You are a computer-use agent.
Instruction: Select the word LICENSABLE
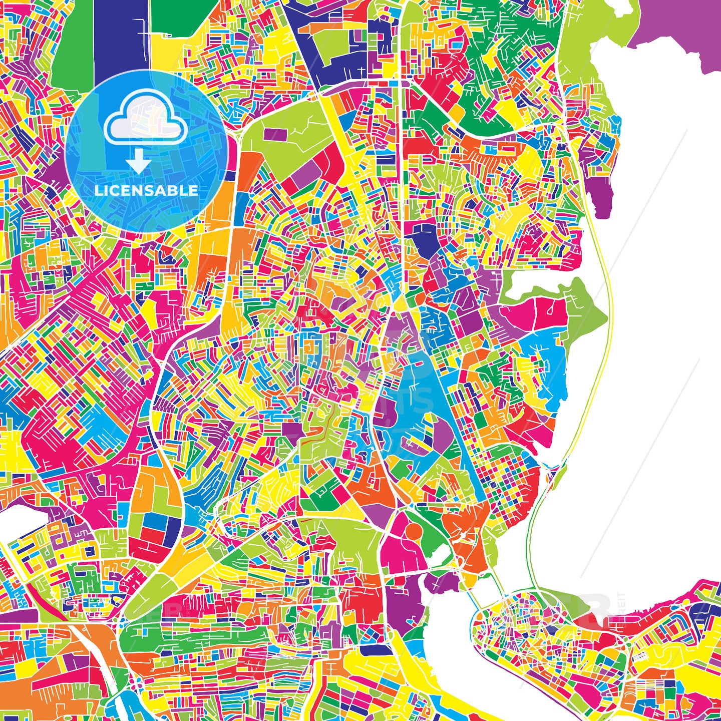click(x=146, y=191)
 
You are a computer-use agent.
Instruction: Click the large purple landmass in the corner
click(x=681, y=30)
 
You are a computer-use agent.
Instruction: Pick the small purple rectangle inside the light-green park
click(x=273, y=135)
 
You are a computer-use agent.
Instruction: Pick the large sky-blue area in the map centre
click(x=416, y=401)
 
